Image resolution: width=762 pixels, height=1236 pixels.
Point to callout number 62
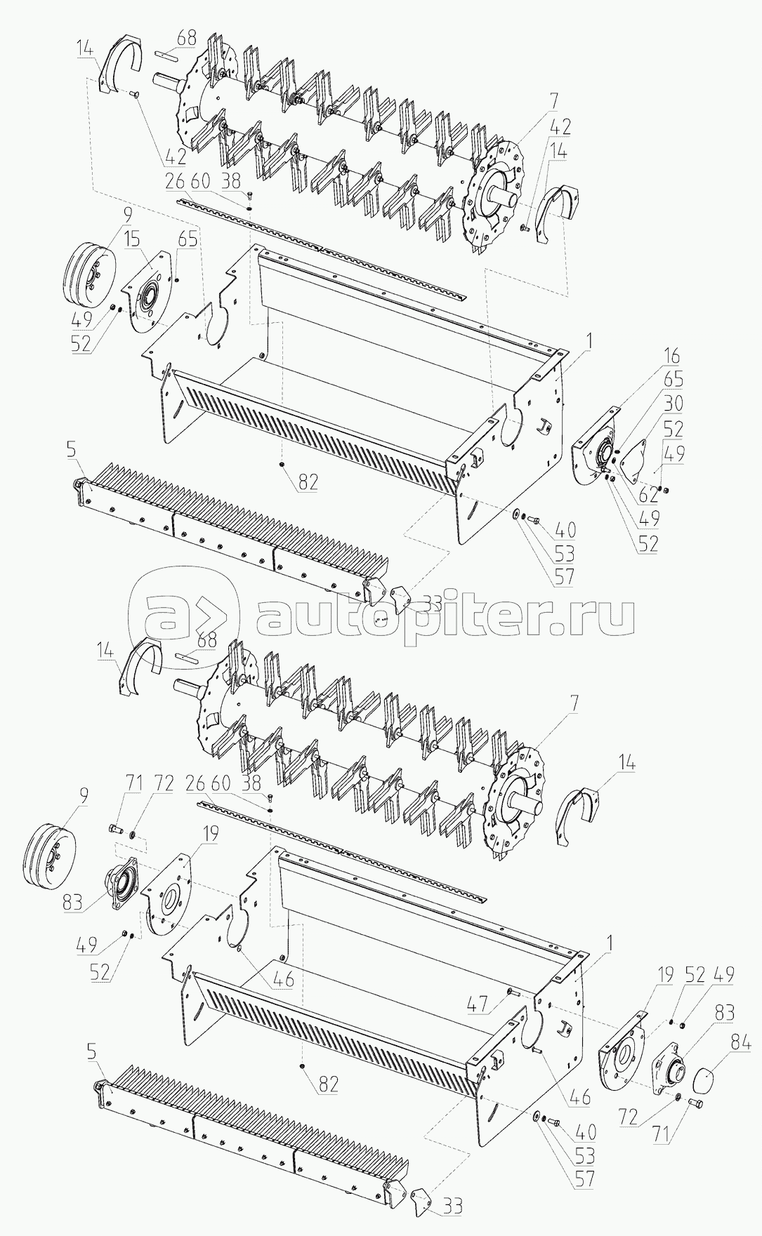click(x=648, y=496)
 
